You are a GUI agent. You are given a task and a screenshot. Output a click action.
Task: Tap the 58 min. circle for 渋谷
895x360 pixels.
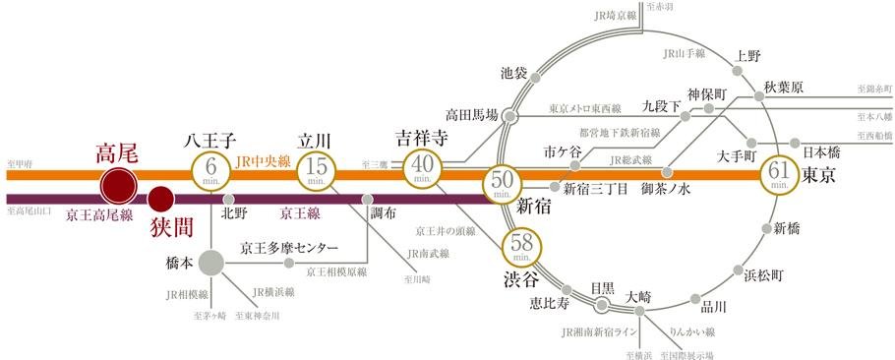520,245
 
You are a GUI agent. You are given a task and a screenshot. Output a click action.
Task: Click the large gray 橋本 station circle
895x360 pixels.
210,264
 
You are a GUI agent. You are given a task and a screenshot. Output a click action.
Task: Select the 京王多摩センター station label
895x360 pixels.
289,248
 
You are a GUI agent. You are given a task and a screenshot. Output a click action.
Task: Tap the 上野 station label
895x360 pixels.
749,56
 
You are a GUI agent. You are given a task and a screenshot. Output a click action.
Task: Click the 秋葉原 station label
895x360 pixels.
784,88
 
